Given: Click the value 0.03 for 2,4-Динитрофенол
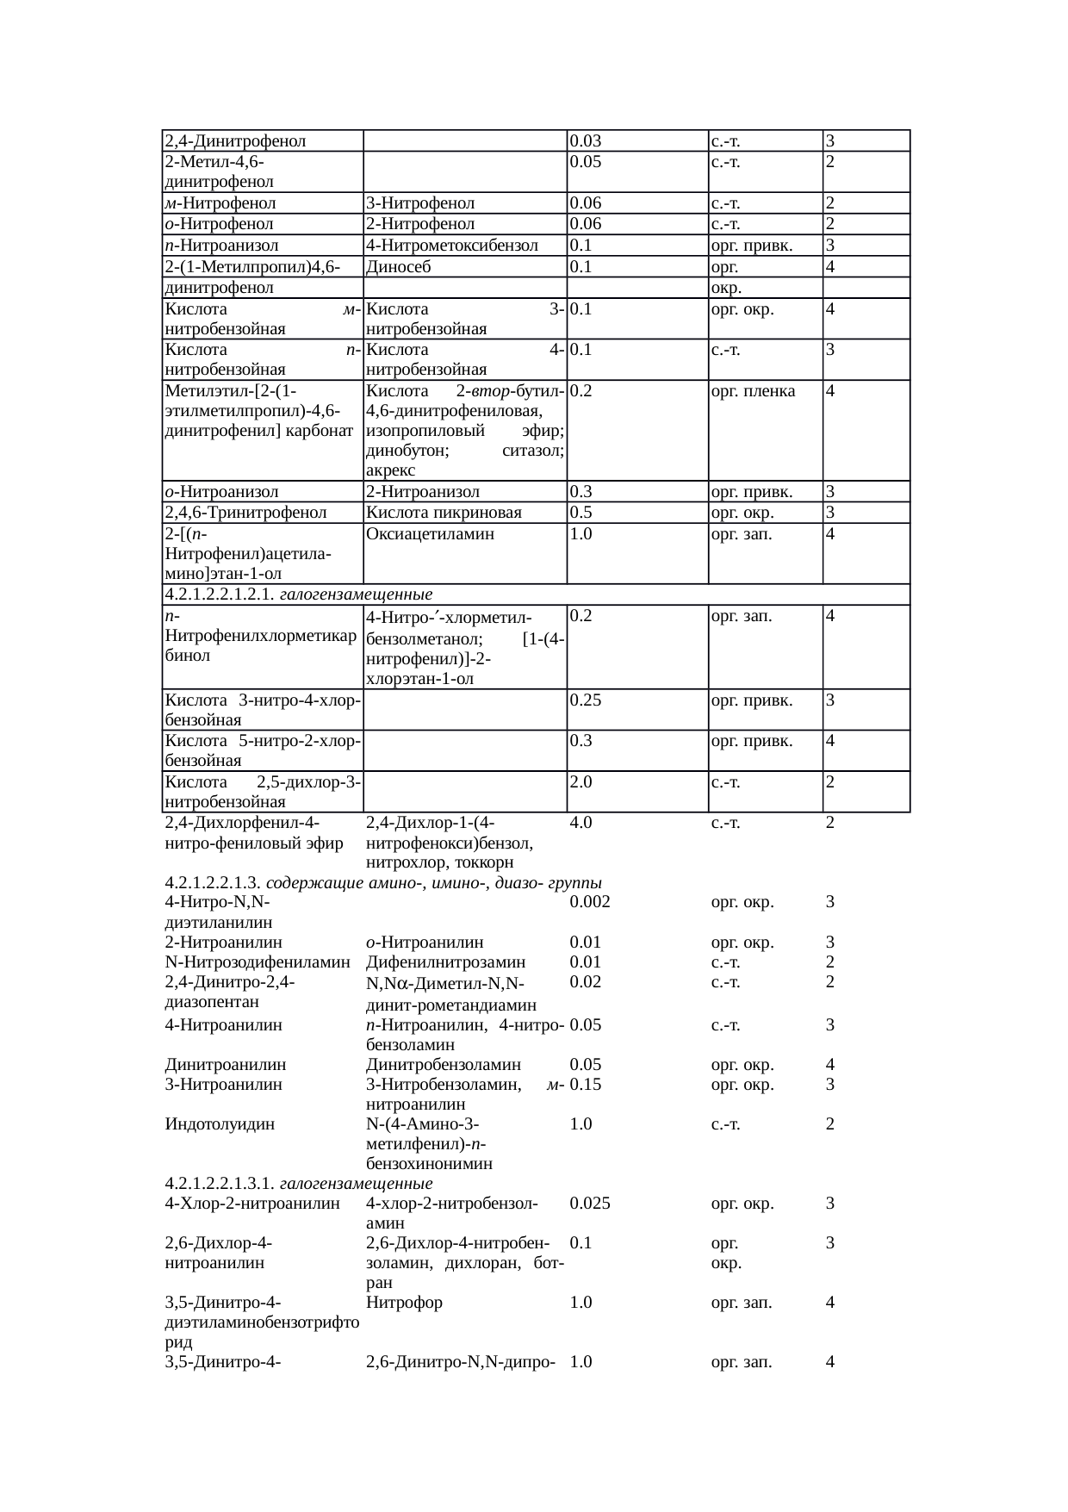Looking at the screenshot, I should pyautogui.click(x=586, y=141).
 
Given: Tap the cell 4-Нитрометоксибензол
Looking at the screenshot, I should pyautogui.click(x=451, y=246).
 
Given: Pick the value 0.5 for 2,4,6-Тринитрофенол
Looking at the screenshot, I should pyautogui.click(x=581, y=513).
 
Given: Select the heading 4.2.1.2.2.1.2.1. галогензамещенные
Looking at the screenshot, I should pyautogui.click(x=298, y=594).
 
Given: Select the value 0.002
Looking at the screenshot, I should pyautogui.click(x=590, y=902).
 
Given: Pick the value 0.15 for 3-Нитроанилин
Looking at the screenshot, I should pyautogui.click(x=586, y=1085).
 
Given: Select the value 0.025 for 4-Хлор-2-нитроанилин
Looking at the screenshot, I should pyautogui.click(x=590, y=1204).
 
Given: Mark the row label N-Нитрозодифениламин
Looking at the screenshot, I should pyautogui.click(x=258, y=962).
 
